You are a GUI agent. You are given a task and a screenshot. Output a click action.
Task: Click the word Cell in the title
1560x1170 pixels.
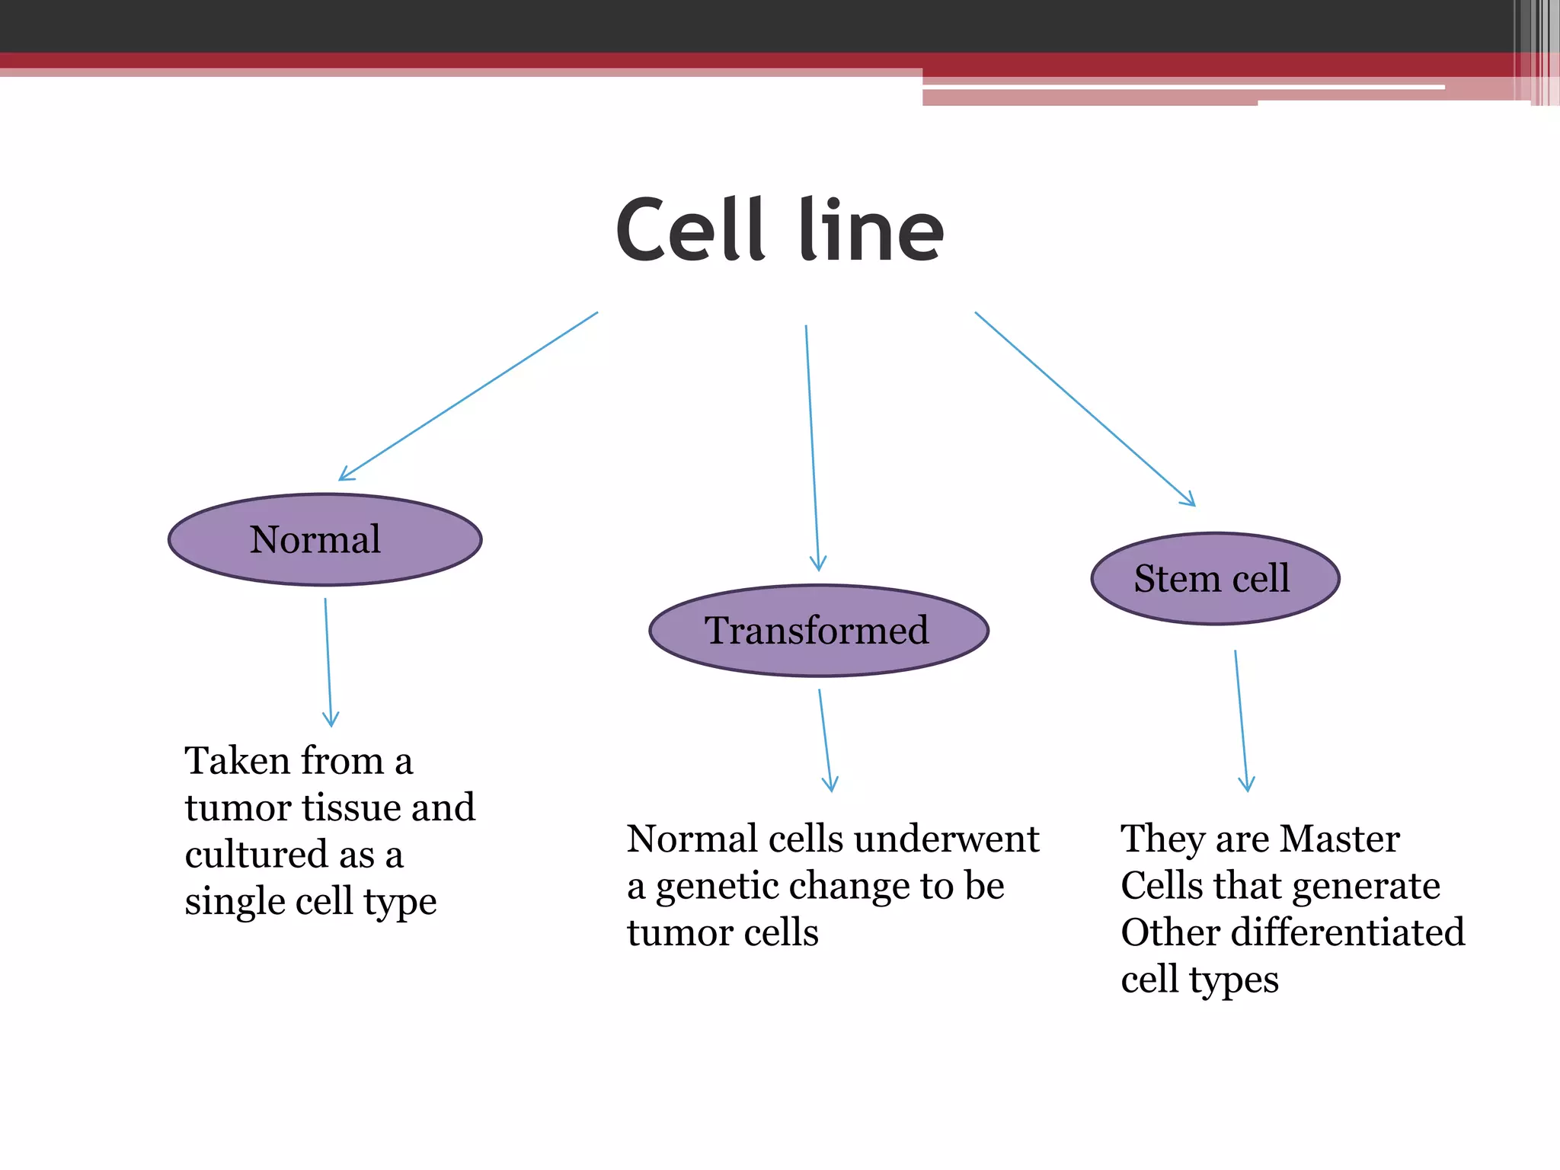689,231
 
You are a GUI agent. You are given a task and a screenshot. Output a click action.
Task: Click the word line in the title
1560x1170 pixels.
871,231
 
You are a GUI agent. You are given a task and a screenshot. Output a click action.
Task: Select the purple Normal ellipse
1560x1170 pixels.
324,540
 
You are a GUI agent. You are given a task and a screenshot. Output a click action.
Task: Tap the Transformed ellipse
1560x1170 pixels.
818,631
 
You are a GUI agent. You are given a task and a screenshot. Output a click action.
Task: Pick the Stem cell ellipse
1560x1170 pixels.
1215,579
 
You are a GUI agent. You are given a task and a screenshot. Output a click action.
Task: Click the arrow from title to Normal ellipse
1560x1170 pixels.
468,396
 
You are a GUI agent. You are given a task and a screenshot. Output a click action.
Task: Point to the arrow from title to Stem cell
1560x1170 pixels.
1085,408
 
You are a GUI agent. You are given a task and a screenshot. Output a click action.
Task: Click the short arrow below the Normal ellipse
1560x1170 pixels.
328,663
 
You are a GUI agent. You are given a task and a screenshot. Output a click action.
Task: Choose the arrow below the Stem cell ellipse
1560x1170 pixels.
1241,720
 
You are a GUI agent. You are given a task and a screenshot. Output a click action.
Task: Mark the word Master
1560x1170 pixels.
1339,839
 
